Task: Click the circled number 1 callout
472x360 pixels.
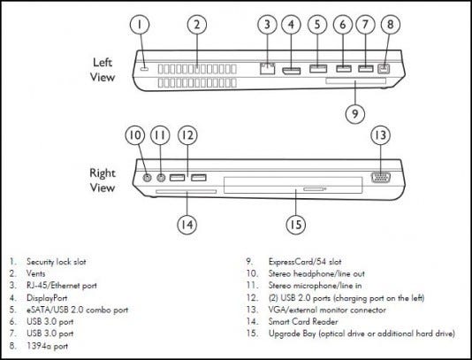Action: click(140, 25)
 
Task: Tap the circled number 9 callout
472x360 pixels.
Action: click(355, 113)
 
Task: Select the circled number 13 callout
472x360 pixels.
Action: click(380, 134)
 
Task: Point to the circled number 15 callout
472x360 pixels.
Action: click(295, 225)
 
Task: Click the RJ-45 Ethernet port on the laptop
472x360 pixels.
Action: click(267, 68)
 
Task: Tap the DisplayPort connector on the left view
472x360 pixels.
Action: click(291, 71)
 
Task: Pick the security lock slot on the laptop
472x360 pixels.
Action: click(144, 69)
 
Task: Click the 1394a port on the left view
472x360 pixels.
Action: click(384, 69)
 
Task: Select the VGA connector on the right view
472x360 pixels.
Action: click(381, 177)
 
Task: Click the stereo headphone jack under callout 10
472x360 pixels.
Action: click(147, 178)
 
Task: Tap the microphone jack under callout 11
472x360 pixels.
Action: click(162, 178)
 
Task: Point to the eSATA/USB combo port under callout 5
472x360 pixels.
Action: click(318, 69)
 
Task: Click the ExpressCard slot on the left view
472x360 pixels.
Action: click(355, 80)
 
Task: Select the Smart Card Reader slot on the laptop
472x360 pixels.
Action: click(186, 192)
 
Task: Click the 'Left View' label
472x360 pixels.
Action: click(103, 70)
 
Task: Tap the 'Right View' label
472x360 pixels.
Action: click(103, 180)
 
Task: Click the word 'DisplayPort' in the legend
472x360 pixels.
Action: click(47, 298)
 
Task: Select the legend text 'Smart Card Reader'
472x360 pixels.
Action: click(303, 321)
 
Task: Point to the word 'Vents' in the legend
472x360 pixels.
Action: click(36, 273)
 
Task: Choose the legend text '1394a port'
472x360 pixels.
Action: click(47, 346)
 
